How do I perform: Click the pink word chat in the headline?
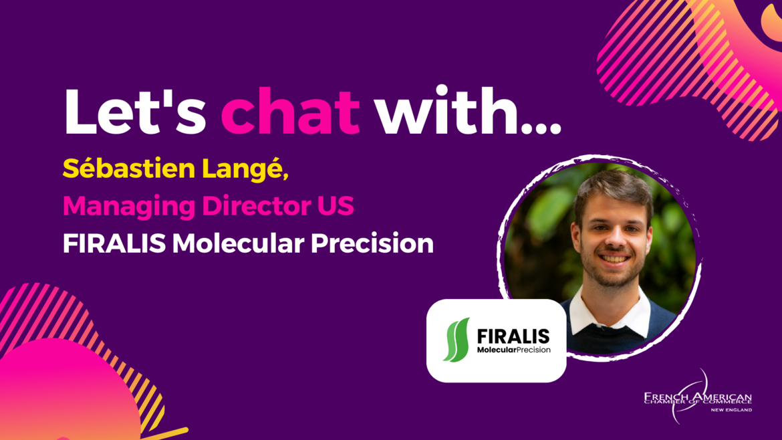(290, 111)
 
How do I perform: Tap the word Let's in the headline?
(134, 111)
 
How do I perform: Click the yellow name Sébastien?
(129, 168)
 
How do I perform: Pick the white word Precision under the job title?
(372, 243)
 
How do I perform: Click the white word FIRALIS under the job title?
(114, 243)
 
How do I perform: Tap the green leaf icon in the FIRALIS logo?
(457, 340)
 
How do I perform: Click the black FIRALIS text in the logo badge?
(513, 336)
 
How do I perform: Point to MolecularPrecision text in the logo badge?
(514, 350)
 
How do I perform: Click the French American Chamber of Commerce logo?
(698, 398)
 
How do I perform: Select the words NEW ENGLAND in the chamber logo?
(731, 410)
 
